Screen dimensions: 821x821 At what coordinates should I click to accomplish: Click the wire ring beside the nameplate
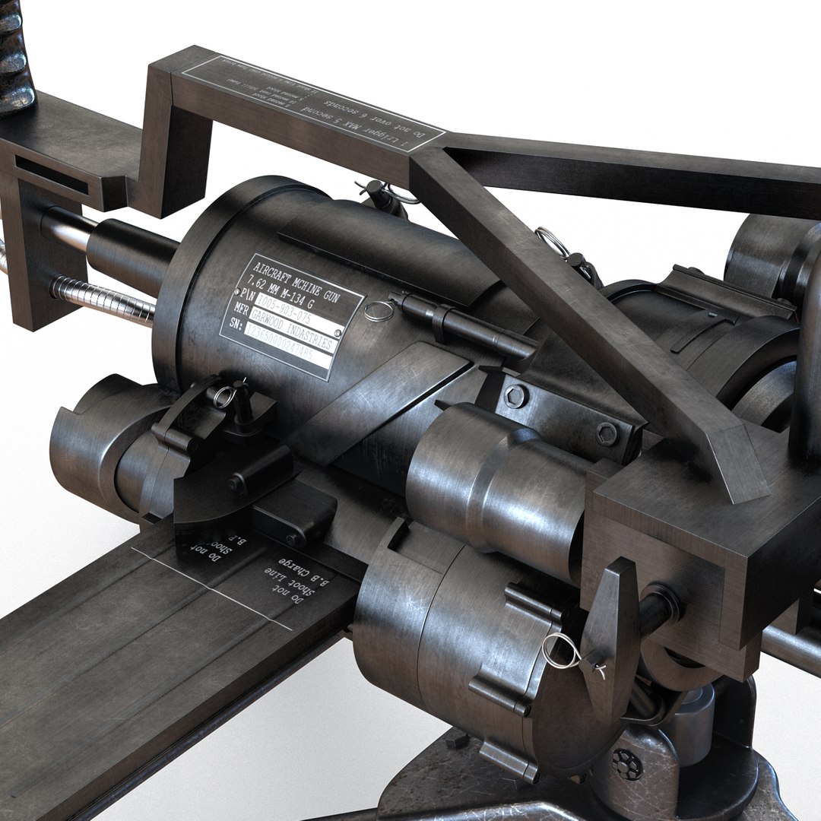(379, 310)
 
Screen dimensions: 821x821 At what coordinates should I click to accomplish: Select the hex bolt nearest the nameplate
(515, 396)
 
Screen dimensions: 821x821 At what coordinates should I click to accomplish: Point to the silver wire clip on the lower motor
(561, 651)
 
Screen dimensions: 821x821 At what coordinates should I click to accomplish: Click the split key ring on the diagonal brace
(553, 242)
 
